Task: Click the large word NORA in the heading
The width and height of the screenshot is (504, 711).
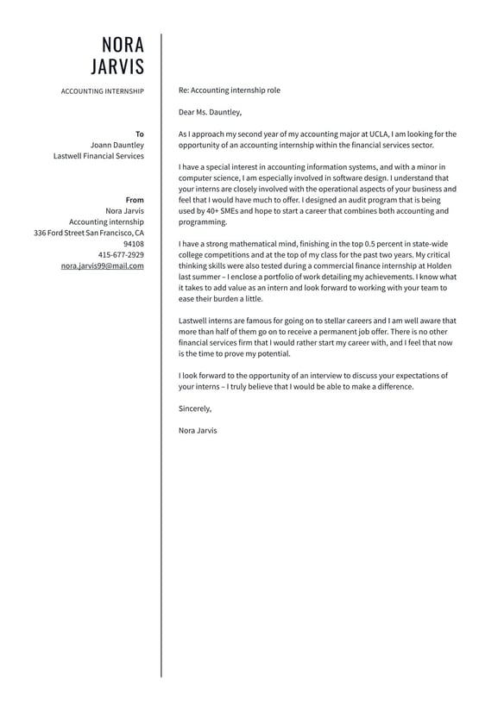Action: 123,45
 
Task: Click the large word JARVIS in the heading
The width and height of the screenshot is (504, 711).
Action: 118,67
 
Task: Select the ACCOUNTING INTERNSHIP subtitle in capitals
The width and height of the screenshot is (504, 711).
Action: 103,91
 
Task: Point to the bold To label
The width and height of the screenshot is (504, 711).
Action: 140,134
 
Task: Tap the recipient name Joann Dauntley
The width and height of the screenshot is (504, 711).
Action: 117,145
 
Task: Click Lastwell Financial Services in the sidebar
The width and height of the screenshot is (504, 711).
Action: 98,156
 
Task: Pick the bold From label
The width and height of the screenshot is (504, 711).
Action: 135,200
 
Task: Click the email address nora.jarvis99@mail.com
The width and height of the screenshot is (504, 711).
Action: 103,266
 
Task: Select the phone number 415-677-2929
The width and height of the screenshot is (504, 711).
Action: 121,255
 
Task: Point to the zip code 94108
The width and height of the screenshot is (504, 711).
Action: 134,244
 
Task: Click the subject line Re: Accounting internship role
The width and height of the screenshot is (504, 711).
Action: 229,90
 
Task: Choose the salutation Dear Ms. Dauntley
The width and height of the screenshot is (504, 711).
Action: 210,112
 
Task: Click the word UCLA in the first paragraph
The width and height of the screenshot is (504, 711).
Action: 379,134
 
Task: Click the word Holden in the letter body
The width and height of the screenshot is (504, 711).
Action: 438,266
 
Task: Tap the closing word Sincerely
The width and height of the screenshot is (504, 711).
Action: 195,409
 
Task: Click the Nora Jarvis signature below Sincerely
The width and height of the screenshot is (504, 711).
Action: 198,431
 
